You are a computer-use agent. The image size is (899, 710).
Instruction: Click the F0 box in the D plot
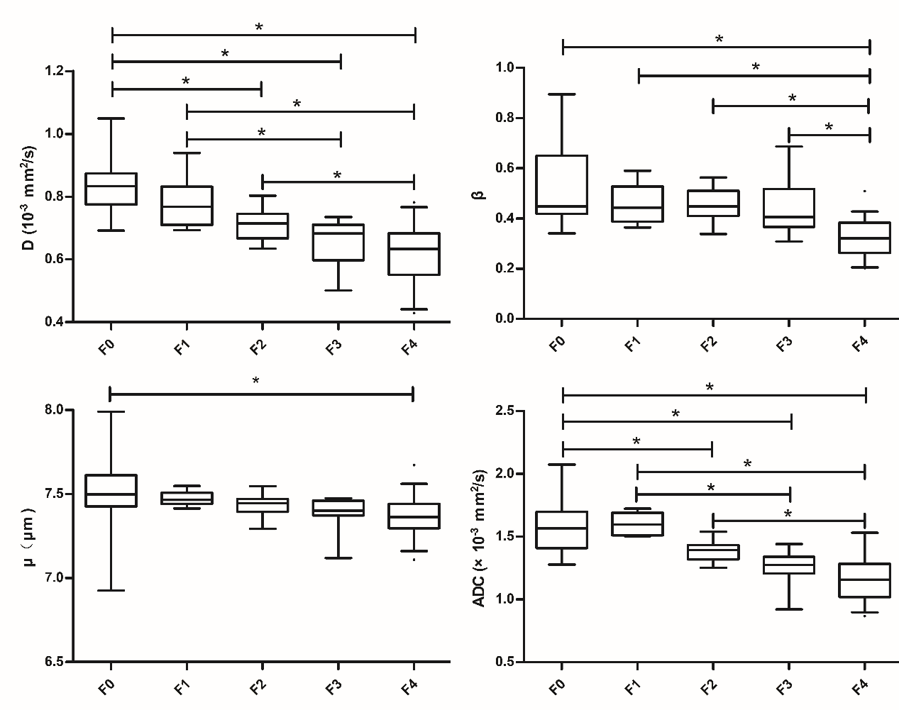pyautogui.click(x=111, y=189)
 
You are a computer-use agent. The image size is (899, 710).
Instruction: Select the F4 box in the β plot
pyautogui.click(x=869, y=238)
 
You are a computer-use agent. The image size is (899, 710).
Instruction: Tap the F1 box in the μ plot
pyautogui.click(x=187, y=498)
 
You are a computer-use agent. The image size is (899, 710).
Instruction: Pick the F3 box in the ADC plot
pyautogui.click(x=789, y=565)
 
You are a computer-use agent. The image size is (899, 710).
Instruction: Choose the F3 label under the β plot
pyautogui.click(x=784, y=343)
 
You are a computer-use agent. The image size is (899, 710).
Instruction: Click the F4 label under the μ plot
pyautogui.click(x=408, y=685)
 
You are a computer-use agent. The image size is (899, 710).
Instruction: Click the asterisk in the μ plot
pyautogui.click(x=255, y=382)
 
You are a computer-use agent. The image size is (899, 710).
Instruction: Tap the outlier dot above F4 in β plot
pyautogui.click(x=864, y=191)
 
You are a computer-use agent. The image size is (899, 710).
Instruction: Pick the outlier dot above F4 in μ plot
pyautogui.click(x=414, y=465)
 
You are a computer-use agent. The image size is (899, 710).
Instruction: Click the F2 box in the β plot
pyautogui.click(x=713, y=203)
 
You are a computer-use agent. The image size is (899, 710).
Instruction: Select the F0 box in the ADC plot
pyautogui.click(x=561, y=530)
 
